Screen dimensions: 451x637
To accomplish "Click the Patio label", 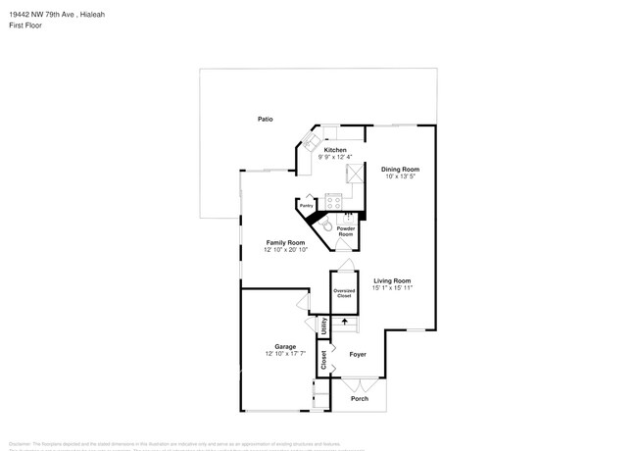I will coord(265,119).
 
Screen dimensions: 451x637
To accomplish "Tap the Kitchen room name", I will coord(336,150).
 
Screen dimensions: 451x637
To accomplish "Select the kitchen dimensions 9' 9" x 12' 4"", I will coord(336,157).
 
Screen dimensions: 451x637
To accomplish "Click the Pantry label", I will coord(307,206).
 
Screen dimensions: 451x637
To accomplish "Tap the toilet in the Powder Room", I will coord(326,225).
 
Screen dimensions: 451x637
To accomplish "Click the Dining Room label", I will coord(400,169).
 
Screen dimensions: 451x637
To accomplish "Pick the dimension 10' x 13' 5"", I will coord(400,176).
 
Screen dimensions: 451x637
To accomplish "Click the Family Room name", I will coord(286,242).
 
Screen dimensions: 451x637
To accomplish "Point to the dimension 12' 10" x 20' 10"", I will coord(286,250).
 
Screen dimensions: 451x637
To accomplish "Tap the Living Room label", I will coord(391,280).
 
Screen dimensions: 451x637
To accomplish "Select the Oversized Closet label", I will coord(344,293).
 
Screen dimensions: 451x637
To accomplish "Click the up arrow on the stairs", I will coord(344,321).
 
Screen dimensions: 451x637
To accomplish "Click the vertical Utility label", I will coord(323,327).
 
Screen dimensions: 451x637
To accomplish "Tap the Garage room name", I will coord(285,346).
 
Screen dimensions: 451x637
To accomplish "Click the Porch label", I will coord(360,399).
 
